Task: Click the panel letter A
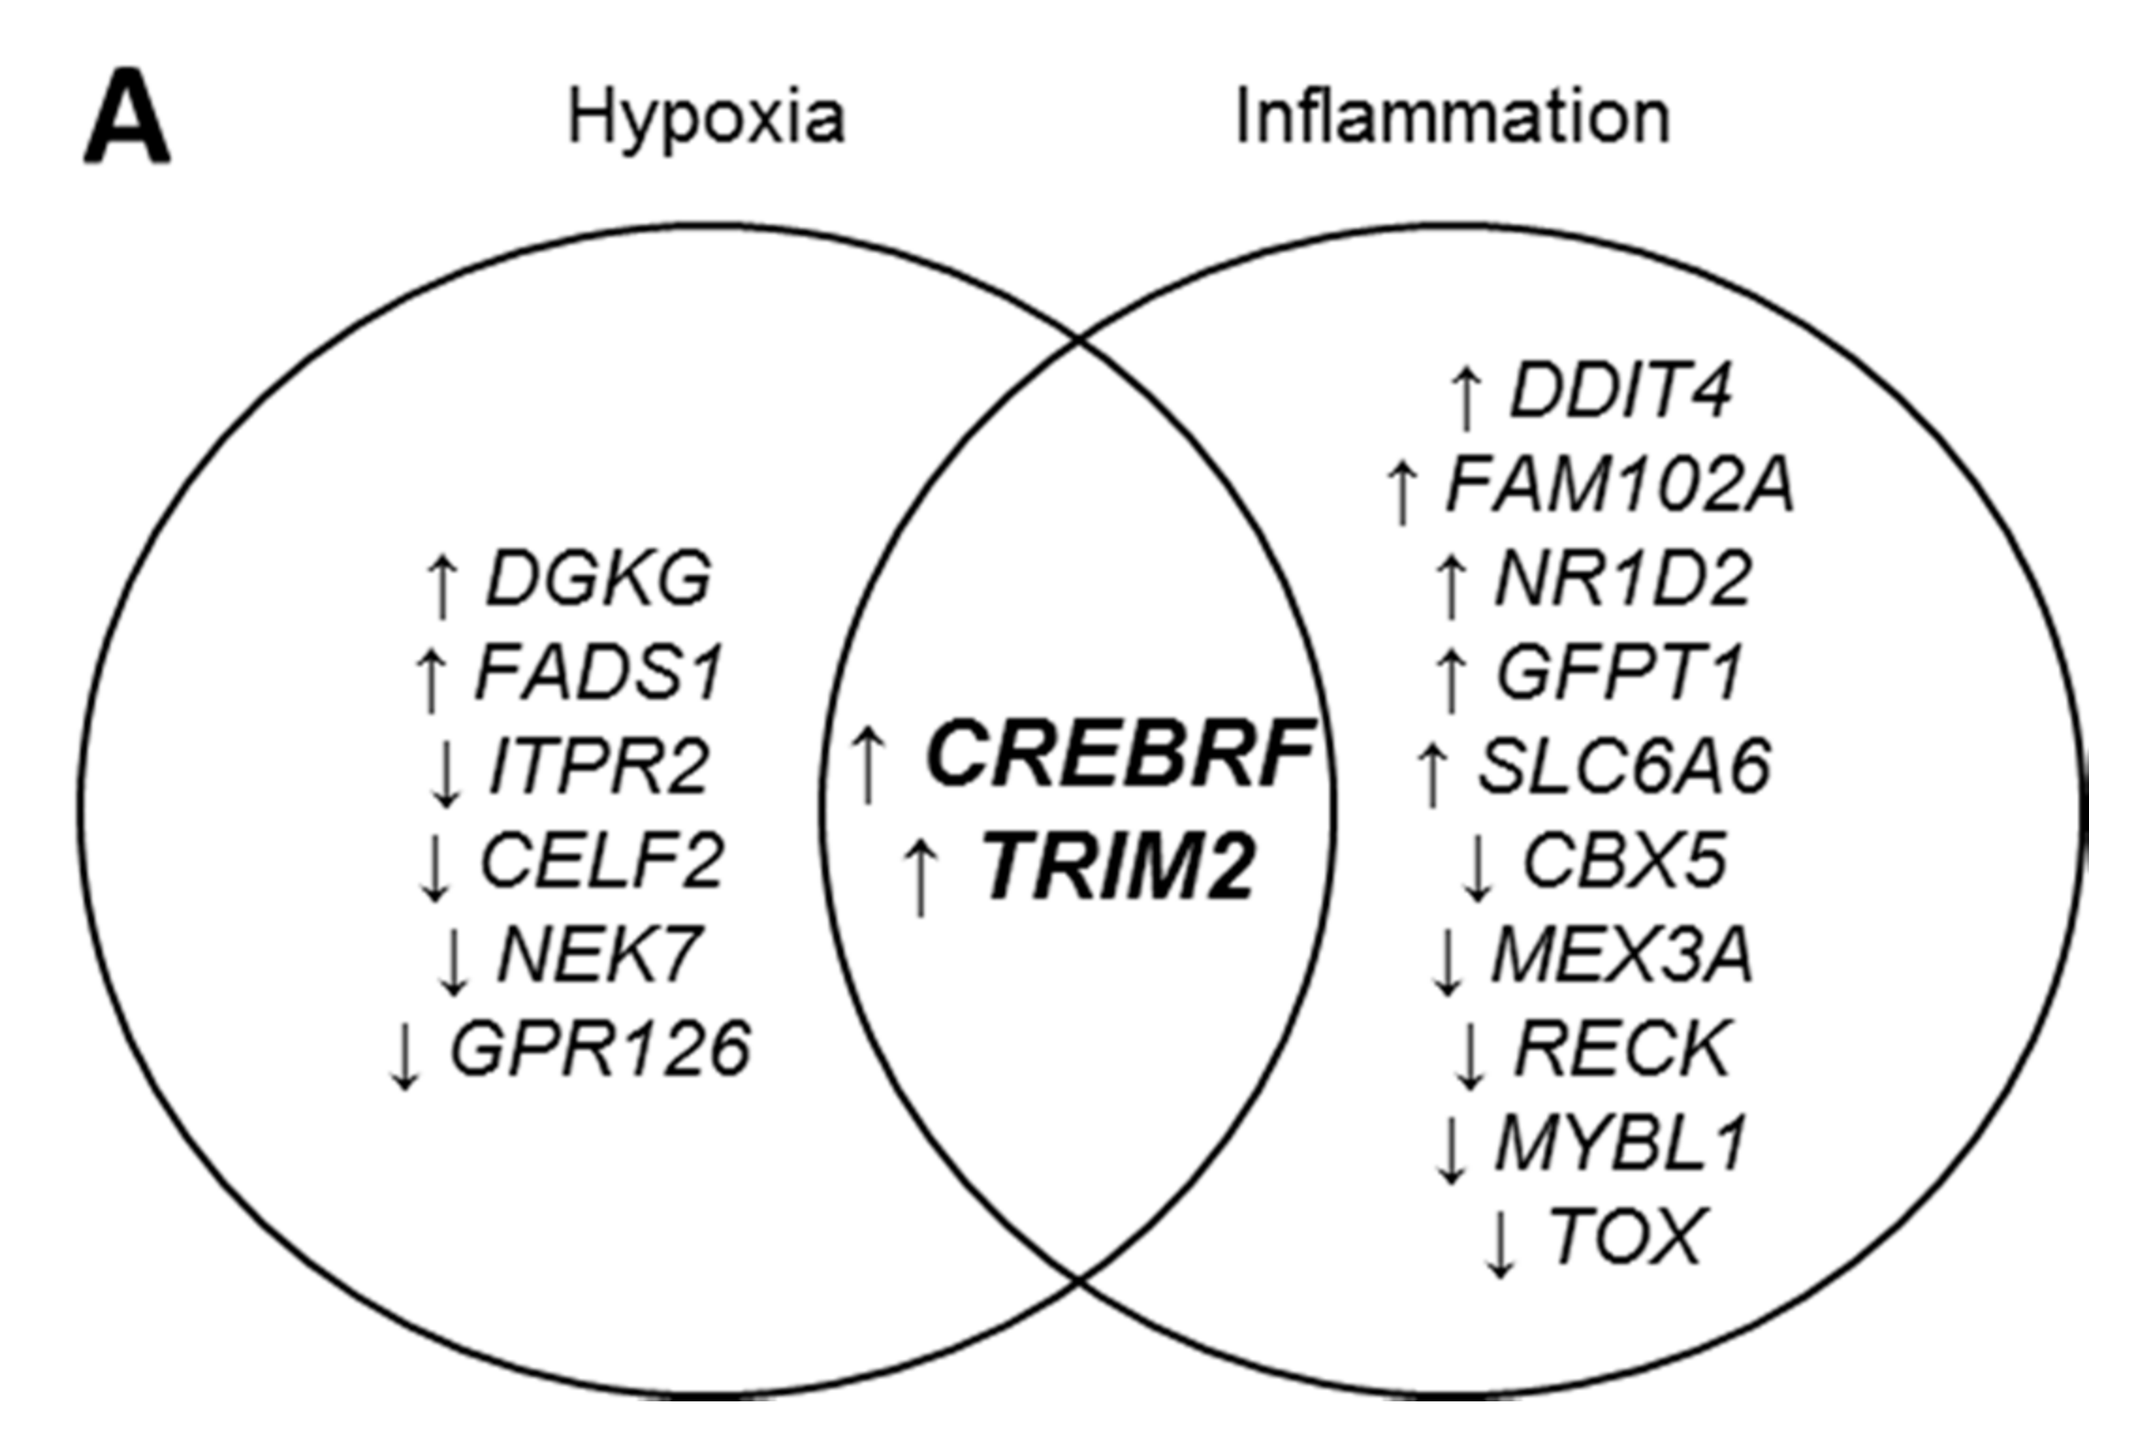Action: click(x=127, y=117)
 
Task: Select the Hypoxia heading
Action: click(x=706, y=119)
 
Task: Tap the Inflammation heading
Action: click(x=1452, y=117)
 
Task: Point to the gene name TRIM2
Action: click(x=1119, y=868)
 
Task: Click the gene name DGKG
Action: click(x=598, y=578)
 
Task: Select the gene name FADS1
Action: click(x=599, y=672)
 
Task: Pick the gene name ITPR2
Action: click(x=599, y=766)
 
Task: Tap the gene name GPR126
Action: click(x=600, y=1048)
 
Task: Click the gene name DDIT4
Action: click(x=1620, y=390)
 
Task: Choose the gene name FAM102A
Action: click(x=1619, y=486)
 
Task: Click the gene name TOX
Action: click(x=1625, y=1237)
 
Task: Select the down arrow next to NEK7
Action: click(x=454, y=960)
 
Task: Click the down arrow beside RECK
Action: click(x=1470, y=1054)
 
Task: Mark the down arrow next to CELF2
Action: click(x=435, y=866)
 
